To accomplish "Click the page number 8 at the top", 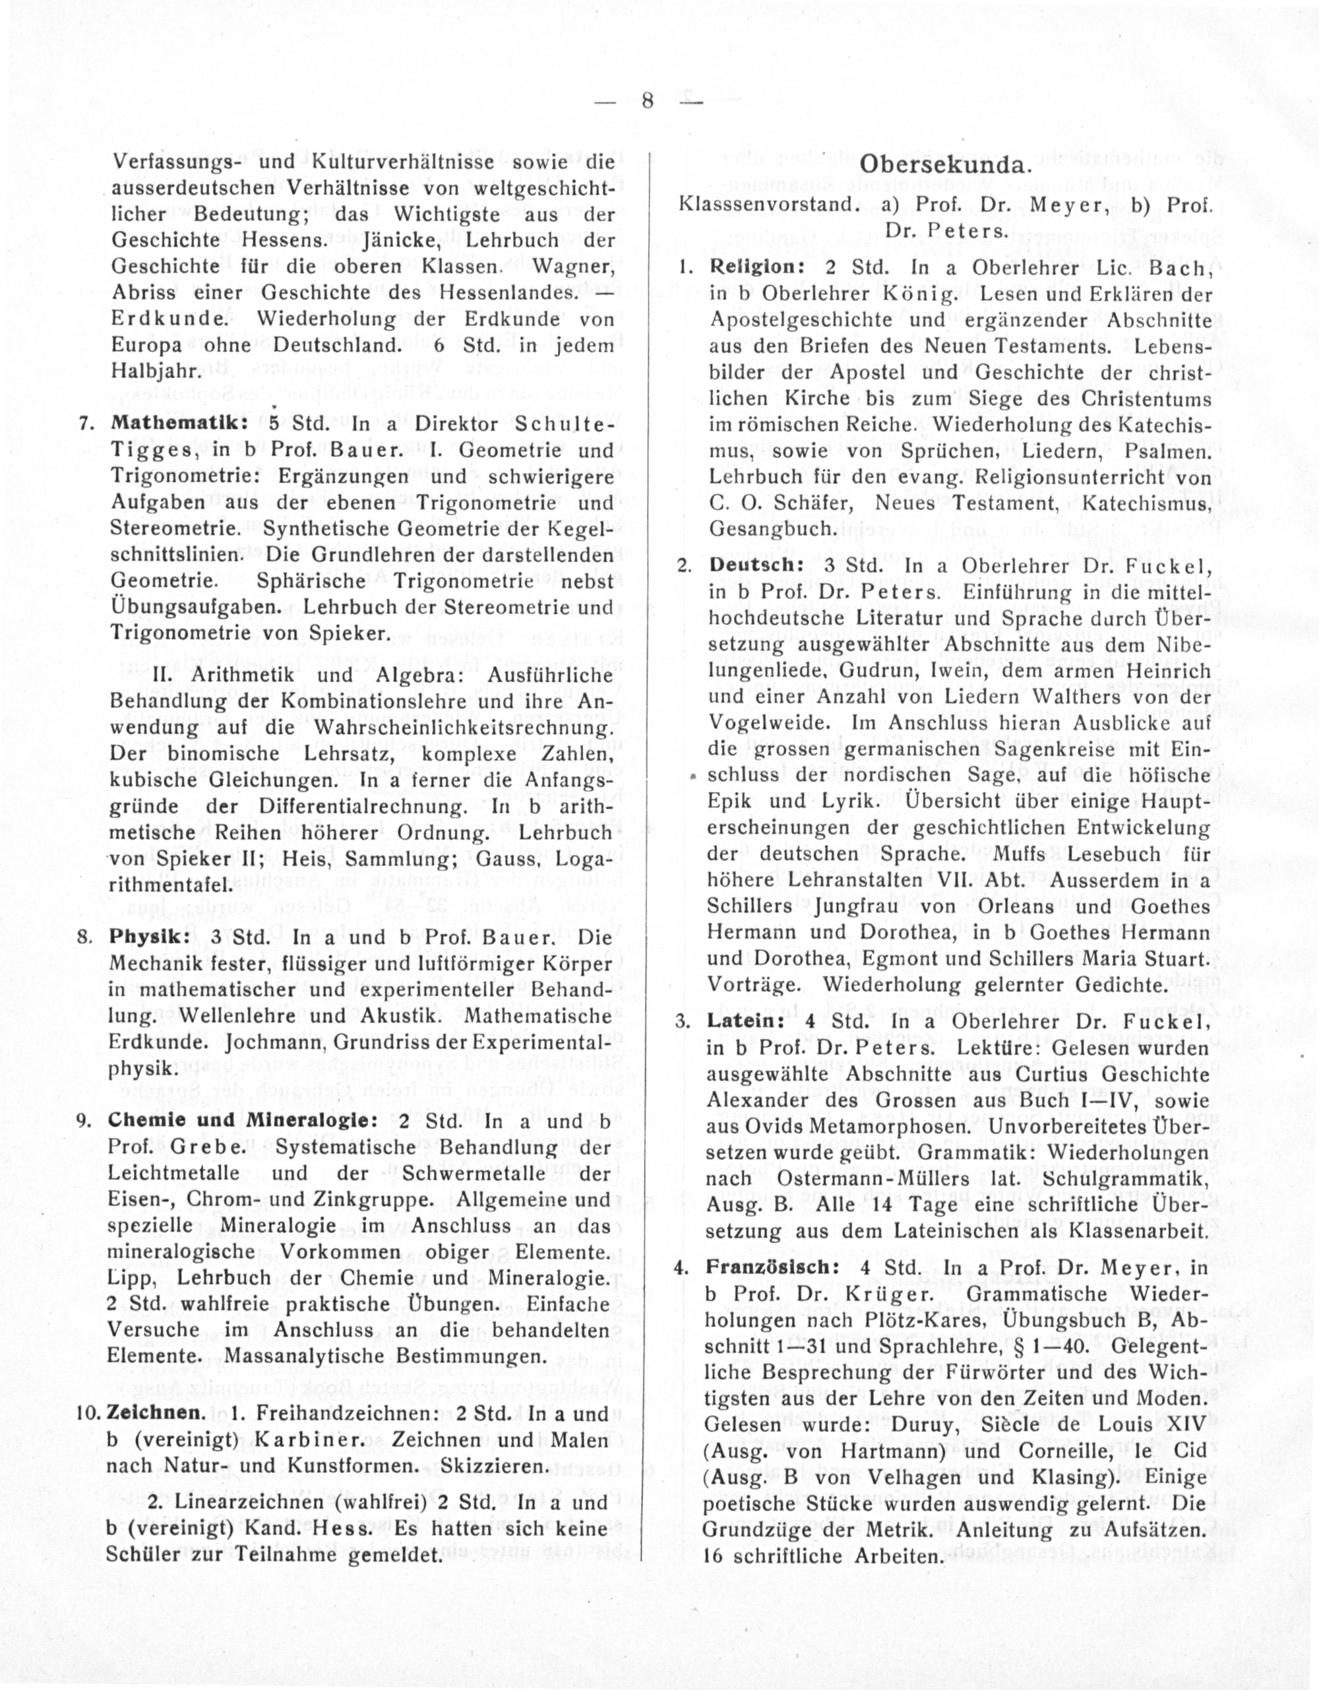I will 648,100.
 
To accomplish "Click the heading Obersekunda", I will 944,165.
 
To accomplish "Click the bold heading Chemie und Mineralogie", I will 243,1121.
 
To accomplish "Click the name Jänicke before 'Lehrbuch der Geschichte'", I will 401,240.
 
